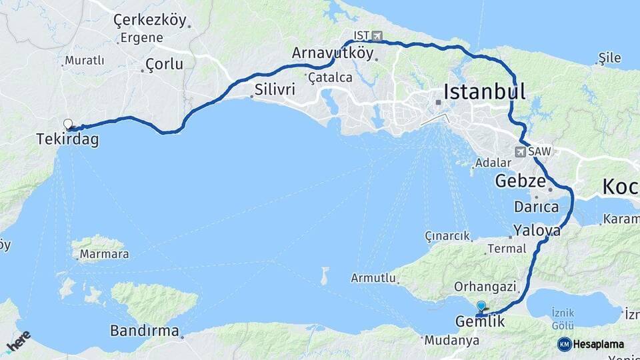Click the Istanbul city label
click(484, 91)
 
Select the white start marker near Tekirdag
click(67, 124)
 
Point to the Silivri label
click(275, 89)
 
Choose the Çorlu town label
click(163, 65)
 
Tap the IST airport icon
click(378, 35)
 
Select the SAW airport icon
click(521, 152)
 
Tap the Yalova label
click(537, 231)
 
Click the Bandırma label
click(144, 331)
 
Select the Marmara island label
click(104, 254)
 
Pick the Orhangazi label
click(485, 287)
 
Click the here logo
click(18, 342)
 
